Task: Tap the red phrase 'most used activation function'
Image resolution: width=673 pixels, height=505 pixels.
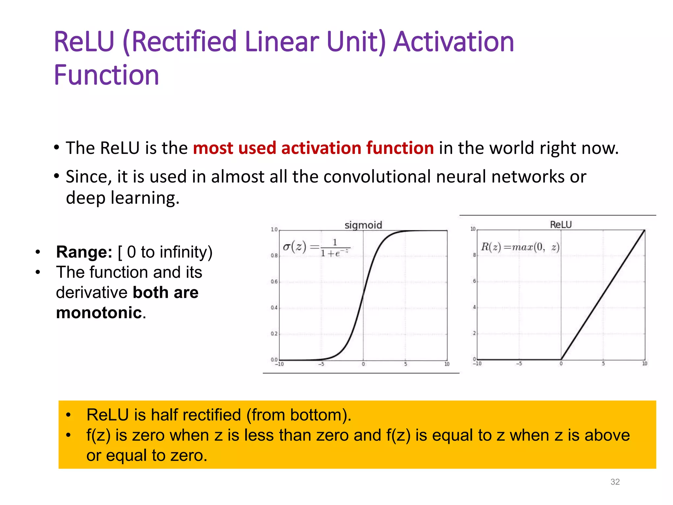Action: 313,148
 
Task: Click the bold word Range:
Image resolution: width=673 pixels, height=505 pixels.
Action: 84,252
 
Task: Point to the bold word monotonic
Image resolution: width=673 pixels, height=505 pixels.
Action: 99,312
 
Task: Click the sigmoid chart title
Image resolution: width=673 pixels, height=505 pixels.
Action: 363,225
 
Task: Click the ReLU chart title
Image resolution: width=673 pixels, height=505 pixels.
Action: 561,225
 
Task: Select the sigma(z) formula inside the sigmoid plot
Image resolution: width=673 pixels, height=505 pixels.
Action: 316,248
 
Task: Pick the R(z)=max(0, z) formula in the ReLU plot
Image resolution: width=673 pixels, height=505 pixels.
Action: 520,247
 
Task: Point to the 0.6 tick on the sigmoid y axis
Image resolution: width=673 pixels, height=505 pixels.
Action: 274,281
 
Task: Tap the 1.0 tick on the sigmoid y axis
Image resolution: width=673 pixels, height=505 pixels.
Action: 274,229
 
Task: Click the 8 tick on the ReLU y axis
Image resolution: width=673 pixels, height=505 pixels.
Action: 474,255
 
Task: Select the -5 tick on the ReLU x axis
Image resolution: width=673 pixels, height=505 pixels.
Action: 519,364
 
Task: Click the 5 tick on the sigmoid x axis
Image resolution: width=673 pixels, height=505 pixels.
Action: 405,364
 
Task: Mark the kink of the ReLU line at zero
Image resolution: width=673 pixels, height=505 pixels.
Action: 561,359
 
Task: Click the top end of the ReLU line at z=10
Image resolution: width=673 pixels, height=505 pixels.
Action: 644,230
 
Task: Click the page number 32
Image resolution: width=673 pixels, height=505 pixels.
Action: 615,482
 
